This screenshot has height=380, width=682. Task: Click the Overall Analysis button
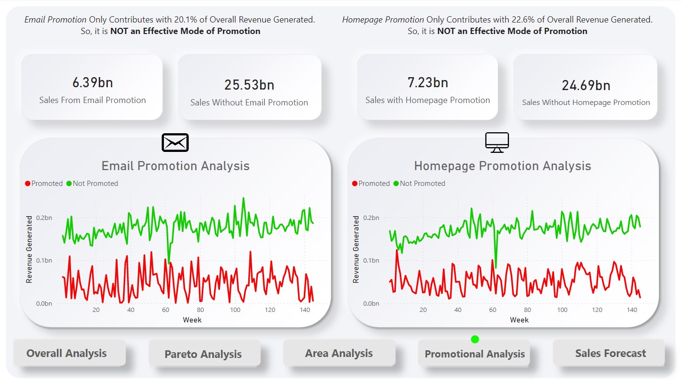(67, 354)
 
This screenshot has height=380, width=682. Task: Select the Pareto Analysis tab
(203, 355)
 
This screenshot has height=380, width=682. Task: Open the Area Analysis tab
(339, 354)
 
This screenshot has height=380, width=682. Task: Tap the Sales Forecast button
(611, 354)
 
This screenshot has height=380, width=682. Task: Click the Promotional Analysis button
(474, 355)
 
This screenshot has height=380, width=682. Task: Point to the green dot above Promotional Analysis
(475, 339)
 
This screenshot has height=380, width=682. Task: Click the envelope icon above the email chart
(175, 143)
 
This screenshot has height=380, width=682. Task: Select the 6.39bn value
(92, 83)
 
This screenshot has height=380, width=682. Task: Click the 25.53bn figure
(249, 85)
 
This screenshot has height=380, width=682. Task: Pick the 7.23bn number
(428, 83)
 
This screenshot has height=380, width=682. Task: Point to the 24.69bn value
(586, 86)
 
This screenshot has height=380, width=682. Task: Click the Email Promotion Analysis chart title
(175, 166)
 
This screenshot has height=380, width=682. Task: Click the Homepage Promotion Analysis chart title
(502, 166)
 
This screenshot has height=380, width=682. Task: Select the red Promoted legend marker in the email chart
(28, 184)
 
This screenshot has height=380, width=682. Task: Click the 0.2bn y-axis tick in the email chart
(44, 218)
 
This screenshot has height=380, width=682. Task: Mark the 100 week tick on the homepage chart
(562, 310)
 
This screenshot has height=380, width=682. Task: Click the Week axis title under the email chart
(192, 320)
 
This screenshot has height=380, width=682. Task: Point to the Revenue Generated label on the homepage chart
(356, 249)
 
